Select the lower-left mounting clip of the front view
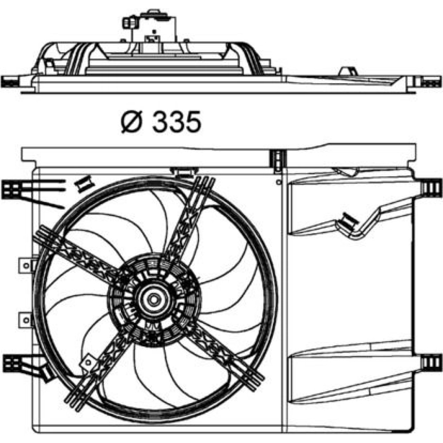[x=12, y=364]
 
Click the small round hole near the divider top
[x=279, y=182]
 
